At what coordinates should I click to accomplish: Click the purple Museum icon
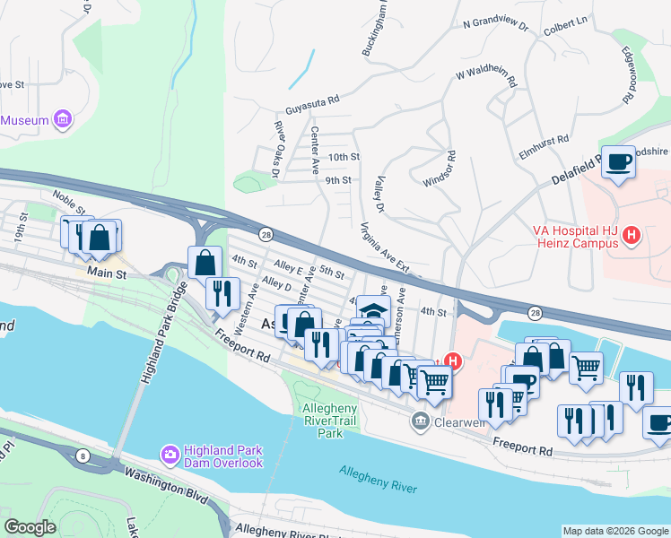(x=62, y=119)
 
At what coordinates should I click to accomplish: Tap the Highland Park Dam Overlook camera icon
(x=170, y=456)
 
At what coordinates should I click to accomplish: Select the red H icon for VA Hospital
(x=632, y=236)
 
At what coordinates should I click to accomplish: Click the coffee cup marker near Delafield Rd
(x=618, y=161)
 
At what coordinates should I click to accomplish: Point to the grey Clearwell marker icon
(x=419, y=420)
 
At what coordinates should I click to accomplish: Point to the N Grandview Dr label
(x=495, y=27)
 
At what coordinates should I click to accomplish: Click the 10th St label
(x=344, y=157)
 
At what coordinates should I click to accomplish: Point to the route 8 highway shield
(x=83, y=456)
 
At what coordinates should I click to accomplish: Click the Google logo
(x=30, y=526)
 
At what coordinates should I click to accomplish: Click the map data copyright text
(x=614, y=531)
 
